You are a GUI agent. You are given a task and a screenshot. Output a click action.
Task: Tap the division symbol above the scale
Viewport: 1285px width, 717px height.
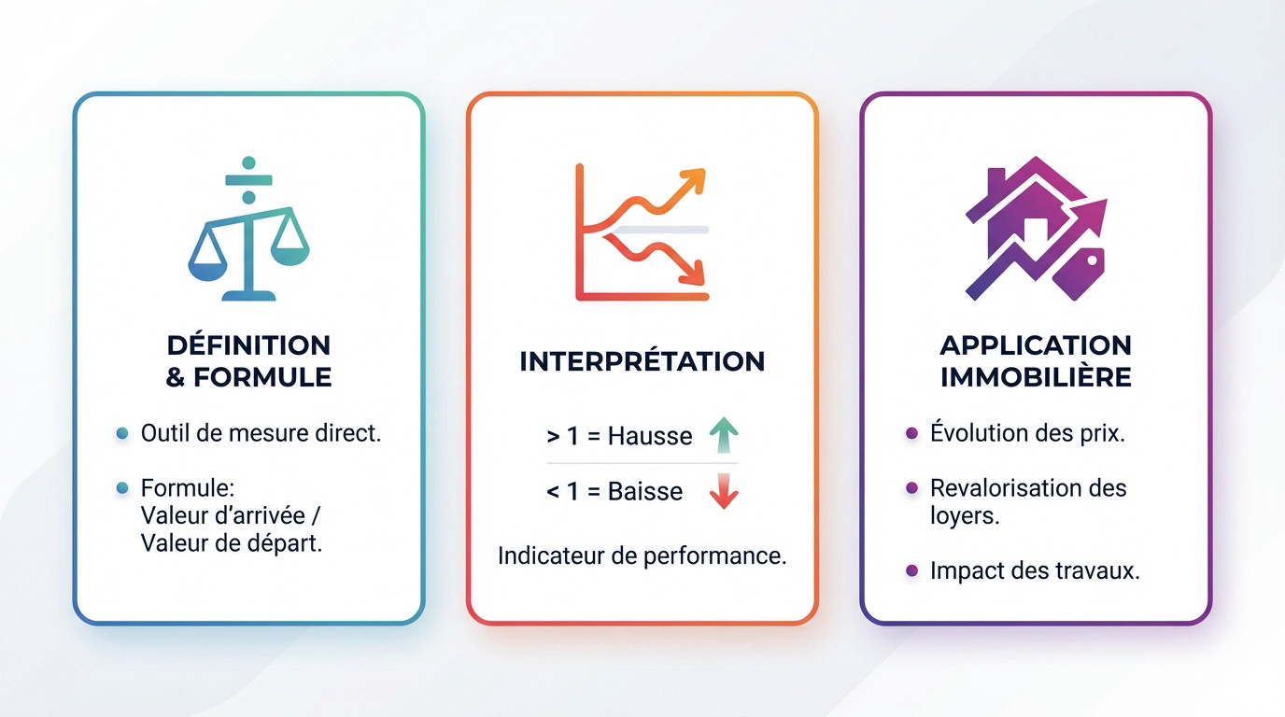point(248,180)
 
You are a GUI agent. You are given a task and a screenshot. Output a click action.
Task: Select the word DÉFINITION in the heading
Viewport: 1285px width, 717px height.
point(248,345)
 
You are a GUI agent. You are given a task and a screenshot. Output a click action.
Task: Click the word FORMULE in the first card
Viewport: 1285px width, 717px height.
point(262,377)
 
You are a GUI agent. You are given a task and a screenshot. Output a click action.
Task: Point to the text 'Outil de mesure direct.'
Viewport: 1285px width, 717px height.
point(261,433)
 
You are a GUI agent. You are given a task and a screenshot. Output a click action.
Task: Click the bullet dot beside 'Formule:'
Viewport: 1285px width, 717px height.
point(121,488)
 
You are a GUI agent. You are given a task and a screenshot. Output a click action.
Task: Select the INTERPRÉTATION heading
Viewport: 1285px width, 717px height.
point(642,361)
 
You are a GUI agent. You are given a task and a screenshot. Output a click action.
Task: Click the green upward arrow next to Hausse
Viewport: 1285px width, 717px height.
point(724,435)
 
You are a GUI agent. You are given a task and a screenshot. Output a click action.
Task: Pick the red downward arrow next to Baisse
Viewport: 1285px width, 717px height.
point(724,491)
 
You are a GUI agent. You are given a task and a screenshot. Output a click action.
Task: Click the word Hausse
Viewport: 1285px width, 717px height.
point(650,436)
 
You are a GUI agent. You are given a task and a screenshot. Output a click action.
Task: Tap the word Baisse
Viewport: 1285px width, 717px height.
point(645,492)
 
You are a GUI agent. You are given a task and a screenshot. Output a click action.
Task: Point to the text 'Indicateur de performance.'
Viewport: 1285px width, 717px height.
point(642,555)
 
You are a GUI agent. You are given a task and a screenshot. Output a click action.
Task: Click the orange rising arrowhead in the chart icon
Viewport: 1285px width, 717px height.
point(693,180)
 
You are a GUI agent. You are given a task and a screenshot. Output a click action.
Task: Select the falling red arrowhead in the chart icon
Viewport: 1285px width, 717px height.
point(692,273)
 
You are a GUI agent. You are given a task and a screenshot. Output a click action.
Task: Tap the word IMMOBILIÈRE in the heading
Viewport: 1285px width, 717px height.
point(1036,377)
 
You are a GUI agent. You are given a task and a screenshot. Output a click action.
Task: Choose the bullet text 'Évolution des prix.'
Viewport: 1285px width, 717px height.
point(1027,432)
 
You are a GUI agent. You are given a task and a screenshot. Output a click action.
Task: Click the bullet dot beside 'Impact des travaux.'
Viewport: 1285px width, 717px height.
point(911,570)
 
